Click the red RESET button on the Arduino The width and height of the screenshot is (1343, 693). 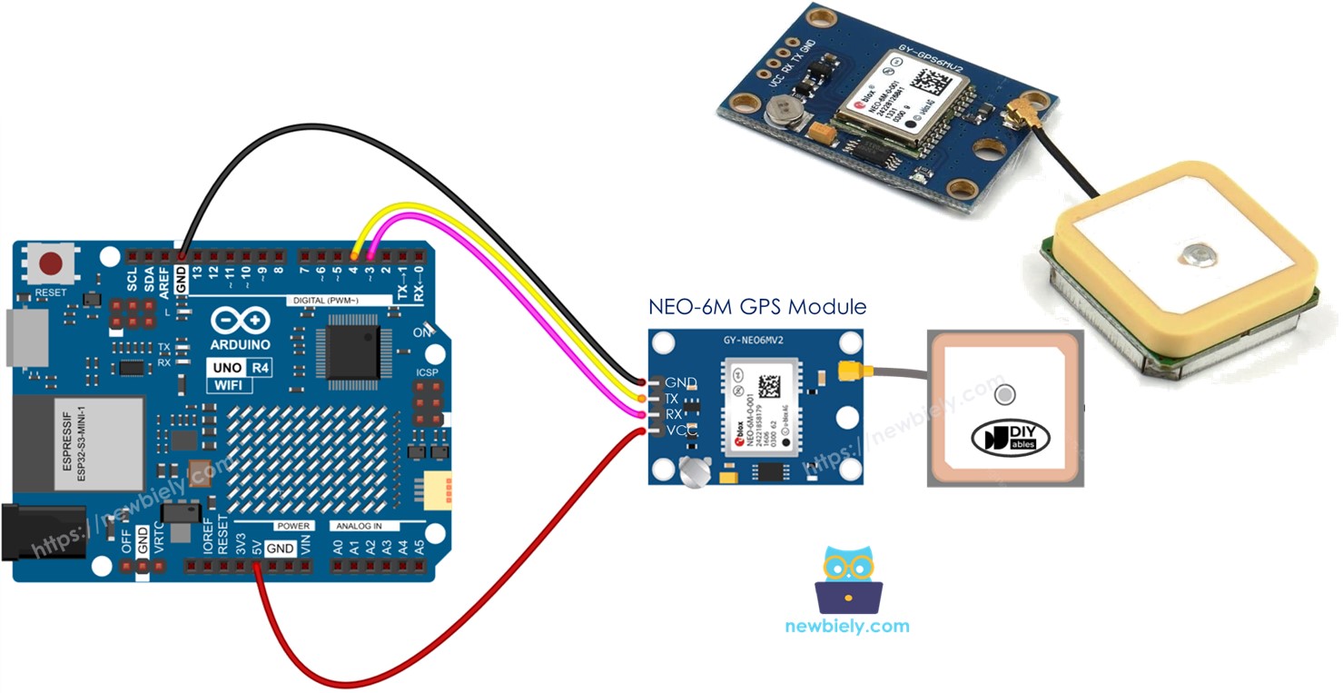click(x=51, y=264)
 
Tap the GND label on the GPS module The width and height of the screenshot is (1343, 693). click(x=680, y=382)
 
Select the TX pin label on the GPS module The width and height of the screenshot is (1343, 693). click(x=672, y=399)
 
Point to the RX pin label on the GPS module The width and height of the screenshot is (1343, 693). click(x=673, y=414)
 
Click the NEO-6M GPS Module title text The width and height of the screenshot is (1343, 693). click(x=756, y=307)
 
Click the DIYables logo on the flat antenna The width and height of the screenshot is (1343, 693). click(x=1010, y=438)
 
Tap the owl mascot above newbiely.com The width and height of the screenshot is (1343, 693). click(x=848, y=579)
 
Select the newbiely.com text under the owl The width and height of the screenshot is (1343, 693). click(x=846, y=626)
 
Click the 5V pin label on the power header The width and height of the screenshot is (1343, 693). click(x=258, y=549)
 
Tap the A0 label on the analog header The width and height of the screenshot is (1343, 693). click(x=339, y=548)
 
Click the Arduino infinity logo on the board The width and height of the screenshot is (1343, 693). click(x=241, y=322)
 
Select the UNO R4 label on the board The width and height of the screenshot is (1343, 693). click(x=240, y=369)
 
